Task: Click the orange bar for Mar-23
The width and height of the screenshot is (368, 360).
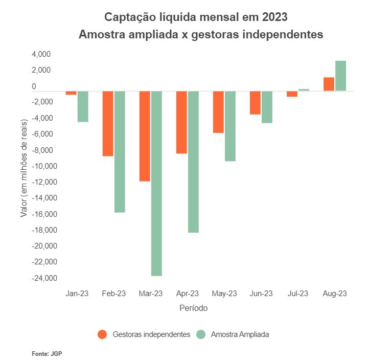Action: click(145, 136)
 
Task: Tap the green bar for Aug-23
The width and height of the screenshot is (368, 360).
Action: click(340, 76)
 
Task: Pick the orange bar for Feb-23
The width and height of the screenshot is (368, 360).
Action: click(108, 123)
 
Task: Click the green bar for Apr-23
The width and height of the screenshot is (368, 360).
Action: click(193, 162)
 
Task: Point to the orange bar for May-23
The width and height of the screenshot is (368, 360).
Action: click(218, 112)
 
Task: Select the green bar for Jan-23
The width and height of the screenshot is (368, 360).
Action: click(83, 106)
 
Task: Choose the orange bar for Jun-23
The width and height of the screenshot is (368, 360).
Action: click(255, 102)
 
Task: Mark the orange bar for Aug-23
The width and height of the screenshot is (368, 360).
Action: click(329, 84)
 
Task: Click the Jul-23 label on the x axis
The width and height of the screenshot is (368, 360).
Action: click(298, 294)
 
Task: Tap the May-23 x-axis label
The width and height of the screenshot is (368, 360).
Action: click(224, 294)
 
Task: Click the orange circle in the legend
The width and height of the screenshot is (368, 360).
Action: click(102, 334)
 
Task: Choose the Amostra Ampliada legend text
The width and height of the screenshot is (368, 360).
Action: click(240, 334)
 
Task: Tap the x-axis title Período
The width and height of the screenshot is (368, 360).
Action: click(194, 308)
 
